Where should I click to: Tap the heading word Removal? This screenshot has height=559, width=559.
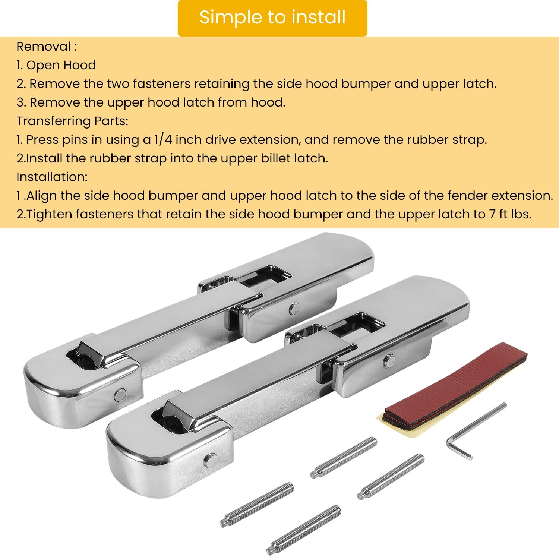(44, 47)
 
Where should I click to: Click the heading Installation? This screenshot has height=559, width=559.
(52, 177)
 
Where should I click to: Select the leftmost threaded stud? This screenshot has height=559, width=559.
(256, 505)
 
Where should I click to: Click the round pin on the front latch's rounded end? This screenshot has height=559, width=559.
(210, 461)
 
